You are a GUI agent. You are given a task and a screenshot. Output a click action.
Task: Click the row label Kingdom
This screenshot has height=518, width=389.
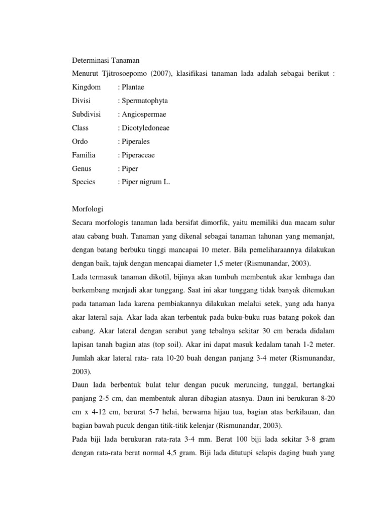pos(87,87)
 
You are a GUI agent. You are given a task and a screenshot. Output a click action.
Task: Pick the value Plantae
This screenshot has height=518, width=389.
pos(133,87)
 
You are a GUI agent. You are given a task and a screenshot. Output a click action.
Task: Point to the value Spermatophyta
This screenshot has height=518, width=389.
pos(144,101)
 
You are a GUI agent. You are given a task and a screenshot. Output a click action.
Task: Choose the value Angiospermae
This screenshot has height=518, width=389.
pos(143,114)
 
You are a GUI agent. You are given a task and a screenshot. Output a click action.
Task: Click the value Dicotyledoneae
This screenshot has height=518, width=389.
pos(145,128)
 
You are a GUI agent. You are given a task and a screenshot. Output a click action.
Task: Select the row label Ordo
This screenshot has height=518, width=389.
pos(81,142)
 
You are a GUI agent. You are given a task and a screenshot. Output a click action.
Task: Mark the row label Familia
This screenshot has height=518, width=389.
pos(84,155)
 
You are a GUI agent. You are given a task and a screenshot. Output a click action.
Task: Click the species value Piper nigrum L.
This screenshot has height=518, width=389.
pos(146,182)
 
